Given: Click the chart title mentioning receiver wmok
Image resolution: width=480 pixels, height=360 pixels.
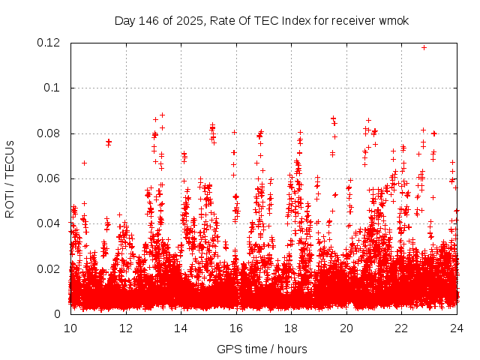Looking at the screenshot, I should pyautogui.click(x=262, y=19).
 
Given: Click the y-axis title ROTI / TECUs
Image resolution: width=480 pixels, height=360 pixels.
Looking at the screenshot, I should pyautogui.click(x=10, y=178).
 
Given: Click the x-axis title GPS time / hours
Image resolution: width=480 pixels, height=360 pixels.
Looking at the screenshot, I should pyautogui.click(x=262, y=349).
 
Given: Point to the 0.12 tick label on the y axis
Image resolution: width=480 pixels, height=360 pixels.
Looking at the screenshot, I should pyautogui.click(x=49, y=43).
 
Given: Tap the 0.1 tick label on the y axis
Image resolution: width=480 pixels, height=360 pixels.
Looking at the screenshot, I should pyautogui.click(x=54, y=88).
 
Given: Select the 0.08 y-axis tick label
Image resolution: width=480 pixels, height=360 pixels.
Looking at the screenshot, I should pyautogui.click(x=49, y=133).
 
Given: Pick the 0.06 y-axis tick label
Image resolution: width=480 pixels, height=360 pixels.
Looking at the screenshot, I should pyautogui.click(x=49, y=178).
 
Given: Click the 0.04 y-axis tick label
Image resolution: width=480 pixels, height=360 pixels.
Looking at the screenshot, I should pyautogui.click(x=49, y=223).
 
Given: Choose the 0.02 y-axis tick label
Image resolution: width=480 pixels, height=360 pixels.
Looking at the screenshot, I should pyautogui.click(x=49, y=268).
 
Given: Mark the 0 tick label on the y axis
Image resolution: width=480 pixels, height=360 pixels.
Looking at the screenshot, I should pyautogui.click(x=58, y=313).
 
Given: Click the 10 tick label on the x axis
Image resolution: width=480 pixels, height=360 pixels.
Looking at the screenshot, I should pyautogui.click(x=70, y=328).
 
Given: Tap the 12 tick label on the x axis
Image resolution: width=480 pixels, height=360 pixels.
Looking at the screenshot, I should pyautogui.click(x=126, y=328).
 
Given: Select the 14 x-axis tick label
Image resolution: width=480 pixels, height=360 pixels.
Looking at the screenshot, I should pyautogui.click(x=181, y=328).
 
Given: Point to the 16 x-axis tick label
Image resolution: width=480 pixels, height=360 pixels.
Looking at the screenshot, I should pyautogui.click(x=236, y=328).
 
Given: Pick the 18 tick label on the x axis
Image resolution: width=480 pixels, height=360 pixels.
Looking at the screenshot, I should pyautogui.click(x=291, y=328).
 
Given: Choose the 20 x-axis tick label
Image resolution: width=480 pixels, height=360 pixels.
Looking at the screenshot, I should pyautogui.click(x=346, y=328).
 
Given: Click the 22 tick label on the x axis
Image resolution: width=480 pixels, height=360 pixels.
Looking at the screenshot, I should pyautogui.click(x=401, y=328).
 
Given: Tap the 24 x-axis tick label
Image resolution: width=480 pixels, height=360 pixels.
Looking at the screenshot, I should pyautogui.click(x=457, y=328).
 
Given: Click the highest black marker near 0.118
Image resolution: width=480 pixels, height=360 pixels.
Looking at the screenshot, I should pyautogui.click(x=424, y=47).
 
